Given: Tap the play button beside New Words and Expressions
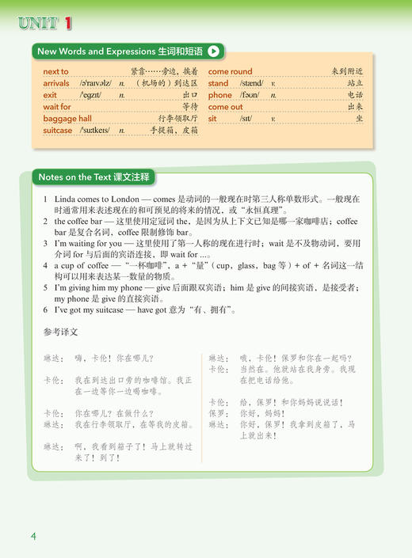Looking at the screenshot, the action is [x=215, y=51].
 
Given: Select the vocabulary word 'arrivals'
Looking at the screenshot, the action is [x=56, y=83].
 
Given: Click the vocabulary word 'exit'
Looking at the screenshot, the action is [x=50, y=95].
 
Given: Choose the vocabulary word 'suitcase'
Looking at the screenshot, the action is [x=58, y=131].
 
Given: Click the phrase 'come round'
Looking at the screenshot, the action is [x=230, y=71].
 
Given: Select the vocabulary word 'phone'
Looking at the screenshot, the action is [x=220, y=95].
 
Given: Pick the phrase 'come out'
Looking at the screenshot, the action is [x=225, y=107].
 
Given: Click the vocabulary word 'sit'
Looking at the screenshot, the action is [x=212, y=119].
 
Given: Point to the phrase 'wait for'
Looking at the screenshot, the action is [x=57, y=107].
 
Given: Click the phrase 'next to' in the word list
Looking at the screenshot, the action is [x=55, y=71].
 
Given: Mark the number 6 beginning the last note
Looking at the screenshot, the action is [x=47, y=311].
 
